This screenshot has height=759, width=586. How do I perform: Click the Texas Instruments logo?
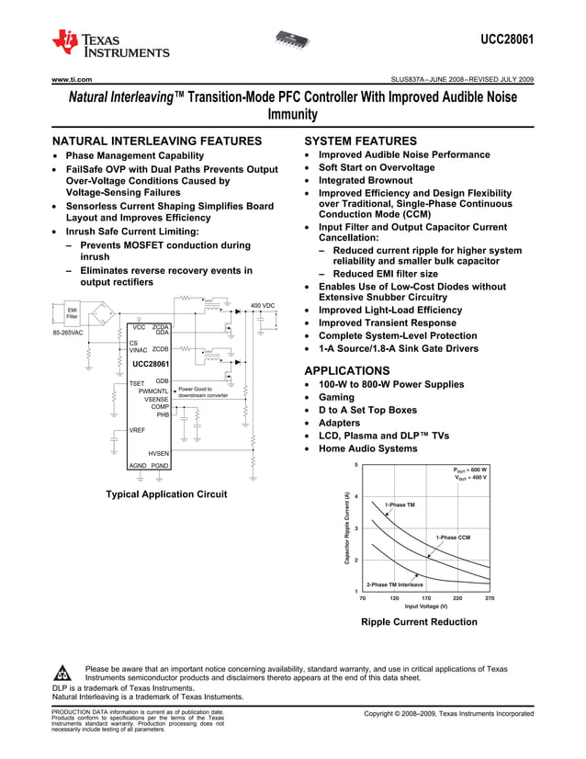110,43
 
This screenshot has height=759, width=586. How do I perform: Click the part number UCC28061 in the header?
507,40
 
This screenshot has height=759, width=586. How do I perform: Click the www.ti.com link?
71,80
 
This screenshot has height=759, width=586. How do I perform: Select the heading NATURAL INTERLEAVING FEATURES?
157,142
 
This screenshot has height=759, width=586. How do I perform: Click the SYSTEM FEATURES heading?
360,142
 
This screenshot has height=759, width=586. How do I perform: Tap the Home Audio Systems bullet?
367,448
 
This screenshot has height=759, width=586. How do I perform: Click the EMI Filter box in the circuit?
72,314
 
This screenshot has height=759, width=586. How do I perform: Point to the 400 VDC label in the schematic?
263,305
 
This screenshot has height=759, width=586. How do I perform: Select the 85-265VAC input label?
69,333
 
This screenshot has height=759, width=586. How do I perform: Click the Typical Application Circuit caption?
166,494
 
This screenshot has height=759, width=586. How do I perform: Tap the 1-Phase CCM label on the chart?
452,537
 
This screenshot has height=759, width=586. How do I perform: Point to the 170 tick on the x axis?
425,597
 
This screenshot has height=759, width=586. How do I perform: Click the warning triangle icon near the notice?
62,673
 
